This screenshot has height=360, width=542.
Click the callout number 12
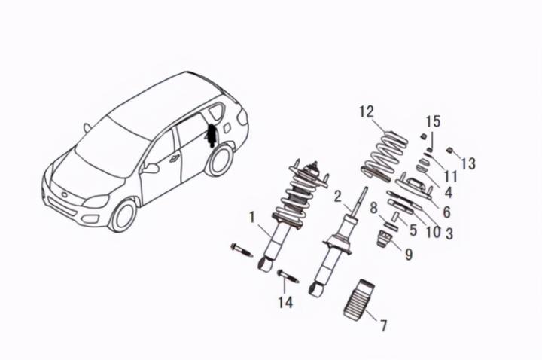pyautogui.click(x=366, y=112)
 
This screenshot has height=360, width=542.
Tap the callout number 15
pyautogui.click(x=433, y=121)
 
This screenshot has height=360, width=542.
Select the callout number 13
pyautogui.click(x=468, y=163)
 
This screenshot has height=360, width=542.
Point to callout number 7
pyautogui.click(x=383, y=325)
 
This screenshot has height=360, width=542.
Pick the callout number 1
pyautogui.click(x=252, y=217)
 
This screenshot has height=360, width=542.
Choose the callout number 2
pyautogui.click(x=338, y=198)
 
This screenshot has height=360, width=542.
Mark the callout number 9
pyautogui.click(x=408, y=255)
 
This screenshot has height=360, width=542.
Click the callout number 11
pyautogui.click(x=450, y=175)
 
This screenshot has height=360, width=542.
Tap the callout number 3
pyautogui.click(x=449, y=233)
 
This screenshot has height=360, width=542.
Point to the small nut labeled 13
pyautogui.click(x=449, y=149)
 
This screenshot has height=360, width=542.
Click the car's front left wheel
pyautogui.click(x=123, y=215)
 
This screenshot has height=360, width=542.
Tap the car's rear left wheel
pyautogui.click(x=219, y=160)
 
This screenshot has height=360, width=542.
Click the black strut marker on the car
pyautogui.click(x=212, y=136)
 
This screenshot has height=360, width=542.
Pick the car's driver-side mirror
pyautogui.click(x=151, y=168)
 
